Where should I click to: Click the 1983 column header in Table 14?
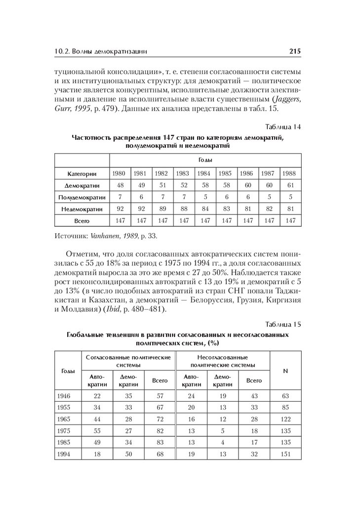pos(183,173)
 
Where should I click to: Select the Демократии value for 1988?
pos(290,186)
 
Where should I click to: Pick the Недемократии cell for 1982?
pos(161,210)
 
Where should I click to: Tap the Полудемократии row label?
pos(81,198)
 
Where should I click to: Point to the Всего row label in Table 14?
pos(81,221)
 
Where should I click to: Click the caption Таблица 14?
pos(283,126)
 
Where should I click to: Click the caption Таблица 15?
pos(283,324)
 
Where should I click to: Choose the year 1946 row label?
pos(65,396)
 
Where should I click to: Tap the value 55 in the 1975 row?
pos(97,431)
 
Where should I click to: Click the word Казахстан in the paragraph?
pos(112,299)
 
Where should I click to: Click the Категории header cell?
pos(81,173)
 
